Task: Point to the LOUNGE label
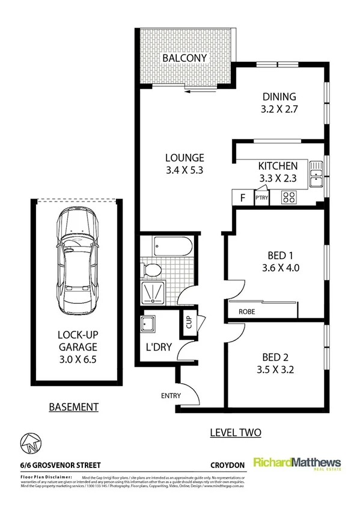(185, 158)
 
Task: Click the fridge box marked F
(243, 197)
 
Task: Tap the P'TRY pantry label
(262, 197)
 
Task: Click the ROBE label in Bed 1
(246, 312)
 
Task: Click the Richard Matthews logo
(297, 464)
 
